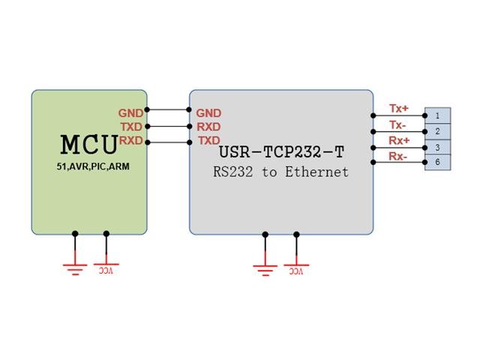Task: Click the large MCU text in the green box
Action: pyautogui.click(x=88, y=144)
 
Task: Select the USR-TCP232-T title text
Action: pyautogui.click(x=281, y=152)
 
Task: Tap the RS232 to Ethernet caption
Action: pyautogui.click(x=281, y=172)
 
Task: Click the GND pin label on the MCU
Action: pyautogui.click(x=130, y=113)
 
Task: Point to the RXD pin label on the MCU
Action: pyautogui.click(x=130, y=140)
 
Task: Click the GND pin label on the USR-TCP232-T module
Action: pyautogui.click(x=208, y=113)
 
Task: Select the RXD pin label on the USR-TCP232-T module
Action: pyautogui.click(x=208, y=127)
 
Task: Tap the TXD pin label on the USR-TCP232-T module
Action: pyautogui.click(x=208, y=140)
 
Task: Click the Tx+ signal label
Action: pyautogui.click(x=399, y=109)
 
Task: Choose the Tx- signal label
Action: pyautogui.click(x=398, y=124)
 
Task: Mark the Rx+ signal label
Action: pyautogui.click(x=399, y=140)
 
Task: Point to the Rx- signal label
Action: pyautogui.click(x=398, y=156)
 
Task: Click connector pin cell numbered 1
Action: pyautogui.click(x=437, y=115)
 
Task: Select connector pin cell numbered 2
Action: pyautogui.click(x=437, y=131)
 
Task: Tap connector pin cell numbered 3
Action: pyautogui.click(x=437, y=147)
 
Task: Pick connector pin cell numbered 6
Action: pyautogui.click(x=437, y=163)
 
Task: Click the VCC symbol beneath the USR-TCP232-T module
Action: pyautogui.click(x=296, y=267)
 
